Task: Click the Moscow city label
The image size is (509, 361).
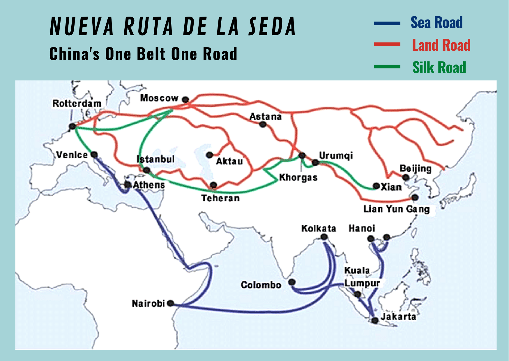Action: point(159,98)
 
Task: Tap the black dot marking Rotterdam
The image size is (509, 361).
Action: point(73,126)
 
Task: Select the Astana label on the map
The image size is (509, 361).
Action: point(265,117)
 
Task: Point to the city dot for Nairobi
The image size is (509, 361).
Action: point(171,303)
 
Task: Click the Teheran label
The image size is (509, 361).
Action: point(220,198)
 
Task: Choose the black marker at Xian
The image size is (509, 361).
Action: point(376,186)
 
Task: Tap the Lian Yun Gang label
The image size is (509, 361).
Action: point(396,209)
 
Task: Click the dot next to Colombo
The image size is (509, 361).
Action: point(292,282)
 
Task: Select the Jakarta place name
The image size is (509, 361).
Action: point(398,316)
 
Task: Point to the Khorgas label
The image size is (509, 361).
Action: point(298,178)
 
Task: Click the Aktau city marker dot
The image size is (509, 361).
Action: point(209,155)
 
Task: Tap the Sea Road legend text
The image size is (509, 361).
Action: point(436,23)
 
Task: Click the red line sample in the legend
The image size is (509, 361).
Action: point(387,45)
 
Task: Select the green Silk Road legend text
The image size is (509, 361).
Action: point(439,68)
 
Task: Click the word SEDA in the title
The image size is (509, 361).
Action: point(272,27)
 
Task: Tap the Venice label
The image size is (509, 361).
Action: point(72,155)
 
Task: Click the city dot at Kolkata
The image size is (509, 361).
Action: point(324,237)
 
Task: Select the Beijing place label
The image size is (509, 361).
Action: point(415,169)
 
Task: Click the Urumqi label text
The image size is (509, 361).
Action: point(336,156)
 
